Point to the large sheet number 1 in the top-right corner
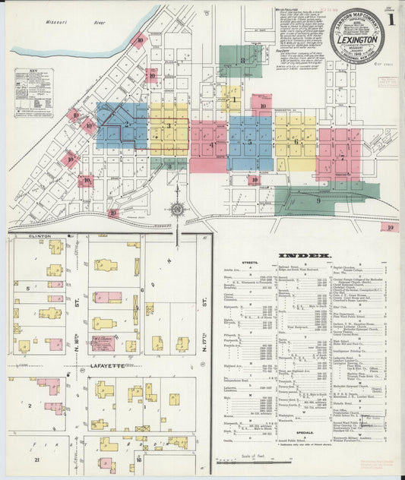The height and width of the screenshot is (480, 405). (391, 16)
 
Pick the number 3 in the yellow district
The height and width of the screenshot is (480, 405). (169, 126)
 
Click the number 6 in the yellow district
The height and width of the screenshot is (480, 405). (296, 141)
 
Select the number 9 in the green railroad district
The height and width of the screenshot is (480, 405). (318, 201)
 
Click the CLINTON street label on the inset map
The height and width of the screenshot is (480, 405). (24, 237)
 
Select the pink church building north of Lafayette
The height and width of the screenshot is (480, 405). (102, 343)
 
